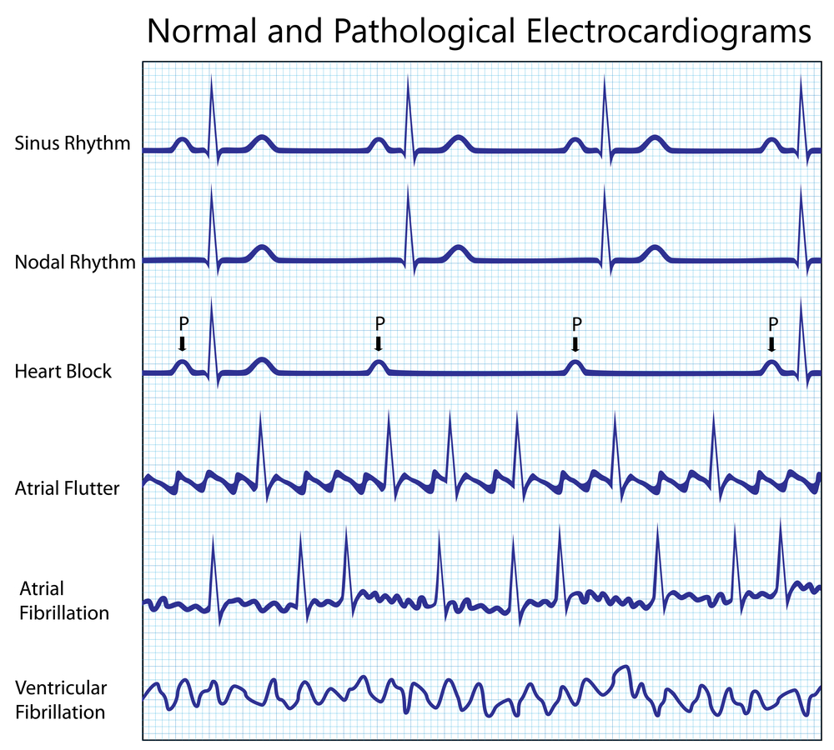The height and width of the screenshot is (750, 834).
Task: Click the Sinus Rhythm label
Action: (x=73, y=143)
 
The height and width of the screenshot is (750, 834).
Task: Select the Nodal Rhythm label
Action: (x=75, y=262)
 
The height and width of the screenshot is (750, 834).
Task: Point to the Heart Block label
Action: (x=63, y=372)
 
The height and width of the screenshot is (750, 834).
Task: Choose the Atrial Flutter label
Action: (x=68, y=487)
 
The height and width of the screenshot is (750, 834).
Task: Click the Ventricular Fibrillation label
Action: (x=61, y=700)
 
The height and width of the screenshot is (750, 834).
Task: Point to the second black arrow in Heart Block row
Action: (x=379, y=343)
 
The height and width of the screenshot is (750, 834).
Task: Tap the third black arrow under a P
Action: (x=575, y=343)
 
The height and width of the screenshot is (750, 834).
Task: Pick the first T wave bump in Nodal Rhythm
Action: (x=262, y=250)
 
